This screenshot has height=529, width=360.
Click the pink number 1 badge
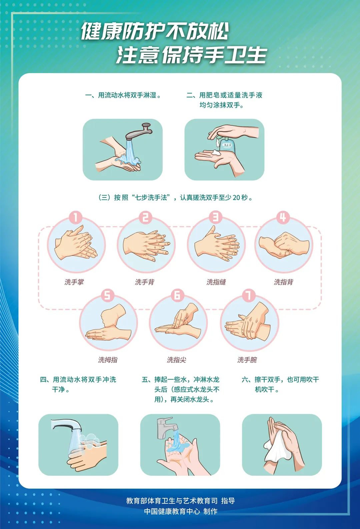(x=76, y=217)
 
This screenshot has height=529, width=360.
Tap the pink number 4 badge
(x=283, y=217)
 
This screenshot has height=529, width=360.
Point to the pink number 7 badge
(x=249, y=296)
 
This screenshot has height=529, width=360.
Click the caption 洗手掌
(x=74, y=282)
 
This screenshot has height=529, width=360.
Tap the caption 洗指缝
(x=216, y=282)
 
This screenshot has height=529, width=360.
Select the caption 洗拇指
(x=108, y=360)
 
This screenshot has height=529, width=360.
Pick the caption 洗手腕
(x=247, y=360)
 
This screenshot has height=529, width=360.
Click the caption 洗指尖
(x=177, y=360)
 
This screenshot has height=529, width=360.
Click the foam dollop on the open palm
(x=216, y=152)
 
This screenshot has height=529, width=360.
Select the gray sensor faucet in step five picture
(x=166, y=428)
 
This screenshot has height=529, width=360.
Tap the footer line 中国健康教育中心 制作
(x=181, y=511)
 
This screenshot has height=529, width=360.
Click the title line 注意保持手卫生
(x=191, y=55)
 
